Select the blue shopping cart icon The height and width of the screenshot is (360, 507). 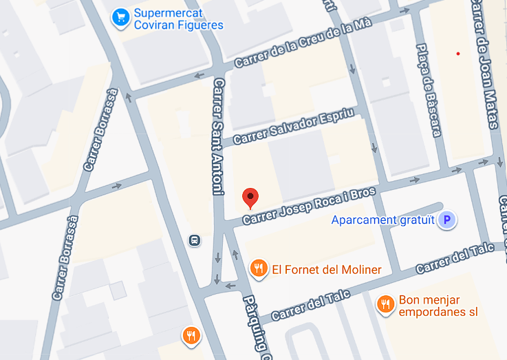coord(121,18)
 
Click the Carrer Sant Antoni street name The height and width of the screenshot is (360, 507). coord(219,136)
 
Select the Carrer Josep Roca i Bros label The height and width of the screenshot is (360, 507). coord(309,205)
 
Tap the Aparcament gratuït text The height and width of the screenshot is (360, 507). coord(383,220)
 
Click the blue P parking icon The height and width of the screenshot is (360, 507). coord(448,220)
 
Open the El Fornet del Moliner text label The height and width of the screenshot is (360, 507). coord(327,269)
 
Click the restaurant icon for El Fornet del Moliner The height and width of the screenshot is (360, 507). coord(259,268)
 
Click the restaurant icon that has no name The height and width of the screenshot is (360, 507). coord(191,335)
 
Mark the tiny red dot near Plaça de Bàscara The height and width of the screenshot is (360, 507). coord(457,54)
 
